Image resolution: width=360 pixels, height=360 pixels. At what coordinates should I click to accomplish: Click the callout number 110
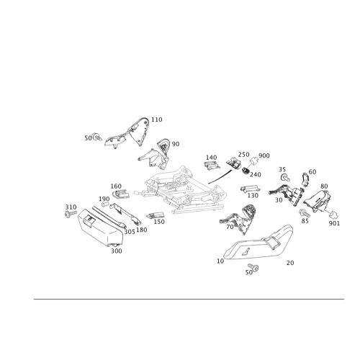point(157,120)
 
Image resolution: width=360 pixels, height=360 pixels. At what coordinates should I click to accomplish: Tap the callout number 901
point(334,223)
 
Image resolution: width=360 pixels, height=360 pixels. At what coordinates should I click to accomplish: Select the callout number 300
point(117,251)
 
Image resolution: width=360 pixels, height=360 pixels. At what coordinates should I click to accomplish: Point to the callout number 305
point(130,232)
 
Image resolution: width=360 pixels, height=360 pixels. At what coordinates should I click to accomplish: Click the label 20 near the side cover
point(290,263)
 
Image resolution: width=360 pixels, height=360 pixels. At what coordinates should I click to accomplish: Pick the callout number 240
point(256,175)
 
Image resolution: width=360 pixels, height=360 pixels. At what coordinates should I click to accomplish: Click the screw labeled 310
point(71,214)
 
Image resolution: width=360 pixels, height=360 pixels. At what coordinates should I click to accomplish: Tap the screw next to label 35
point(285,178)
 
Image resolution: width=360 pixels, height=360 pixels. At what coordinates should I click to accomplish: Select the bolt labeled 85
point(305,213)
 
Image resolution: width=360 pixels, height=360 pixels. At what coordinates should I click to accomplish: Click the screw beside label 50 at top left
point(97,138)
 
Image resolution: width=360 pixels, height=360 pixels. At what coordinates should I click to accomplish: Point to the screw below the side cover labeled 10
point(253,267)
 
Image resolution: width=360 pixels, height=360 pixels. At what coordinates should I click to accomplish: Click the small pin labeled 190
point(105,204)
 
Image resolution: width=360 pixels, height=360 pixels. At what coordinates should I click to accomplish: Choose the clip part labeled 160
point(120,194)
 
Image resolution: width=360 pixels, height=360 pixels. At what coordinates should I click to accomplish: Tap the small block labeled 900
point(254,161)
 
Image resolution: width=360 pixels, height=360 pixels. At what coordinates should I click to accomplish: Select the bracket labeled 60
point(305,179)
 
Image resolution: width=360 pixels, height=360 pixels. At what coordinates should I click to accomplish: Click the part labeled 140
point(212,166)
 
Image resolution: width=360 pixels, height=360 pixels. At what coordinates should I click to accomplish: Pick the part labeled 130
point(250,189)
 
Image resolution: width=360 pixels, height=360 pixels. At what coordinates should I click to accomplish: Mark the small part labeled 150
point(156,215)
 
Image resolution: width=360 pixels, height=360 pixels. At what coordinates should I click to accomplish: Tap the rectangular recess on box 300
point(89,220)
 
